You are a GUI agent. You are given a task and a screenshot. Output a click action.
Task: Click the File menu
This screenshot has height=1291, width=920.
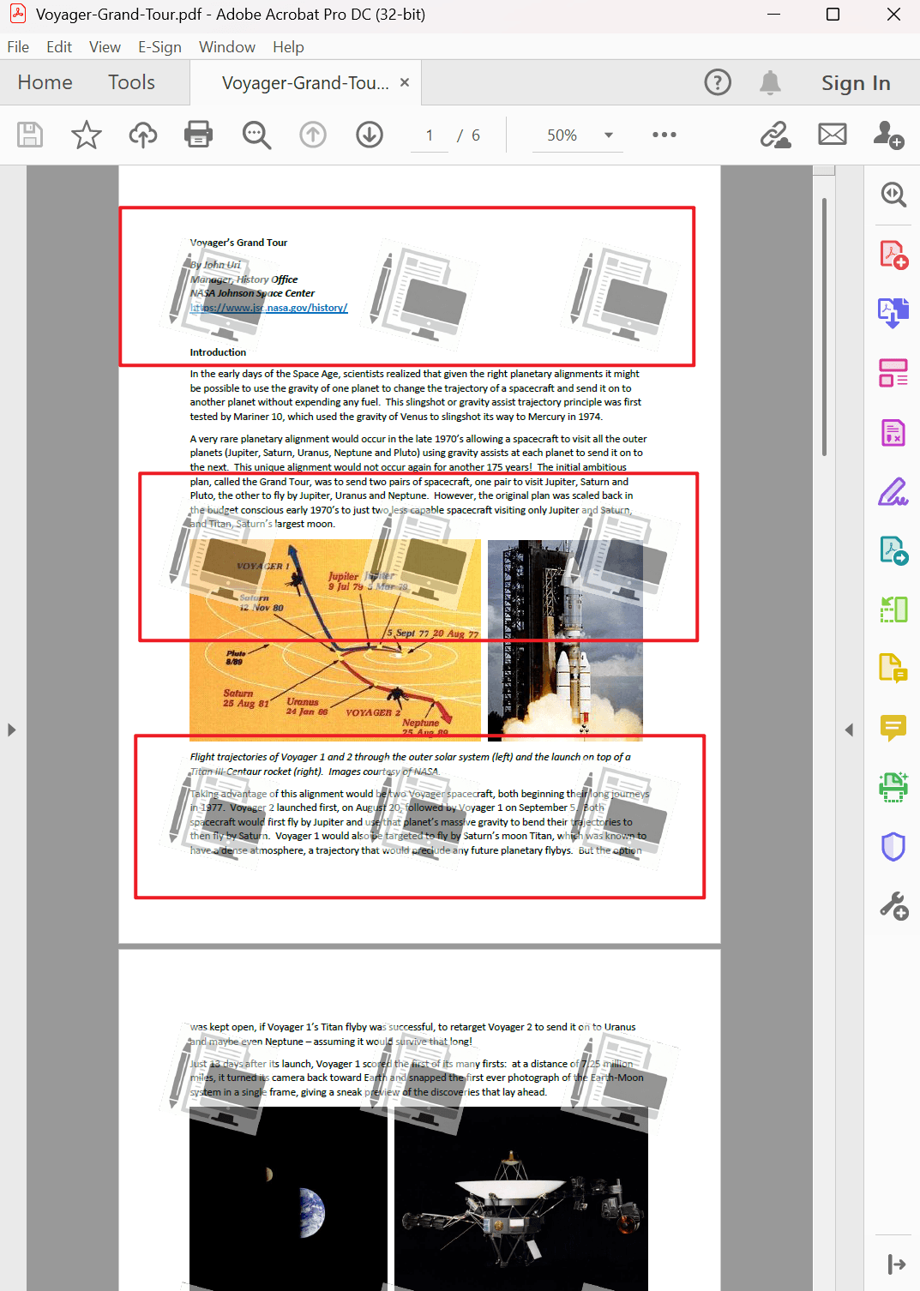coord(18,47)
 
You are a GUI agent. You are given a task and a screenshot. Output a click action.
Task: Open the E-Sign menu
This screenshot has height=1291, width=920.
coord(159,47)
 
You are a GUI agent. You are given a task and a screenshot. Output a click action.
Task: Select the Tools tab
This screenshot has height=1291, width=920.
coord(131,82)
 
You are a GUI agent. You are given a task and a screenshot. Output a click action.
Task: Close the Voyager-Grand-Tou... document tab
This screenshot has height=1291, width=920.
coord(405,82)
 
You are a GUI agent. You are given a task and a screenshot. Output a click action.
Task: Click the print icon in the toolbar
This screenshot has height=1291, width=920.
coord(198,135)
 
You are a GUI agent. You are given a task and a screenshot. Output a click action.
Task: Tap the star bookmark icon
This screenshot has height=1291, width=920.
coord(86,135)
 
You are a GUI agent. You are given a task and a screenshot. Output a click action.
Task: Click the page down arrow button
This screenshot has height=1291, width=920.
coord(370,135)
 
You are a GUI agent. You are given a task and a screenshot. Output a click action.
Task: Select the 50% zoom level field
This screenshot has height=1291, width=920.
coord(562,135)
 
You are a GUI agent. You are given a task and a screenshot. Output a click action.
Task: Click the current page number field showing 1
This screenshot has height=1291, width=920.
coord(429,135)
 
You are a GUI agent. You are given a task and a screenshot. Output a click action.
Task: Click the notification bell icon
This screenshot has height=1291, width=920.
coord(770,82)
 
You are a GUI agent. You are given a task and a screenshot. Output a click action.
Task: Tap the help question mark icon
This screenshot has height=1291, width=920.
coord(718,82)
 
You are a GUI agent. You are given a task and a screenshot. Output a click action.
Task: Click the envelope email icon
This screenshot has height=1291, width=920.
coord(832,135)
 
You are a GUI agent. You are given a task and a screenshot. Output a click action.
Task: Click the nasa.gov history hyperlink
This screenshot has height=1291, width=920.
coord(269,308)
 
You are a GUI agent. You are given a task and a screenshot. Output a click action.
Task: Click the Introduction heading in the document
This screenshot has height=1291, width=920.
coord(218,352)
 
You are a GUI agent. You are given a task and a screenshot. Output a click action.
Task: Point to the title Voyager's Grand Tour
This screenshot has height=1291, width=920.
coord(238,243)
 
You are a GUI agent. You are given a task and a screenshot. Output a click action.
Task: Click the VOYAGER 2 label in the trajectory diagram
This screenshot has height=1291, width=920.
coord(373,712)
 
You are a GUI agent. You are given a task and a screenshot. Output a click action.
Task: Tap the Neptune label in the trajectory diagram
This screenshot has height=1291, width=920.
coord(420,723)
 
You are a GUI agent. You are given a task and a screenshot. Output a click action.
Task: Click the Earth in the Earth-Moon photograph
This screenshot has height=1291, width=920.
coord(314,1212)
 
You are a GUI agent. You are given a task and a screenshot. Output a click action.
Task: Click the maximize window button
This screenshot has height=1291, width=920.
coord(833,15)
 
